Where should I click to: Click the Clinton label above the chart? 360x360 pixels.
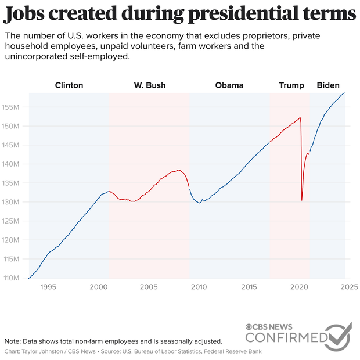(x=69, y=85)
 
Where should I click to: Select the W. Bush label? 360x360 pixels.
(x=150, y=85)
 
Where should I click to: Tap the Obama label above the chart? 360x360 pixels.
(x=229, y=85)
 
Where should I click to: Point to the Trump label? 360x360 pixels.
(x=291, y=85)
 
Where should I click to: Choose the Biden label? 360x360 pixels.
(x=328, y=85)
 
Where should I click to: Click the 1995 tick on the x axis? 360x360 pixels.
(x=48, y=287)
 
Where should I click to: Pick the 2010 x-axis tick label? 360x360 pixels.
(x=199, y=287)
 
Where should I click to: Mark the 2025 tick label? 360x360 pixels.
(x=348, y=287)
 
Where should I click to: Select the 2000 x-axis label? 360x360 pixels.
(x=99, y=287)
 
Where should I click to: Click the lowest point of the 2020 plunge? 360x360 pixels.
(x=302, y=200)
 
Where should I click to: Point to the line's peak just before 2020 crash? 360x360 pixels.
(x=300, y=118)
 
